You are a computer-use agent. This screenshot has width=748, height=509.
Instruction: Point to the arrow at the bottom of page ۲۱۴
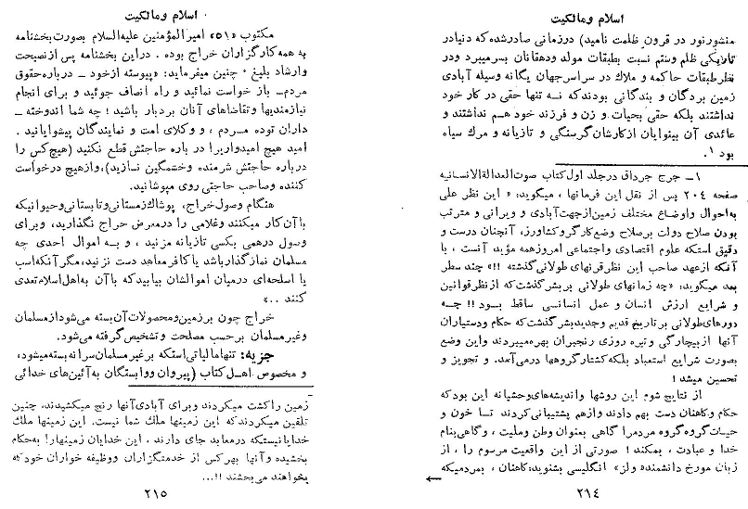[x=434, y=480]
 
